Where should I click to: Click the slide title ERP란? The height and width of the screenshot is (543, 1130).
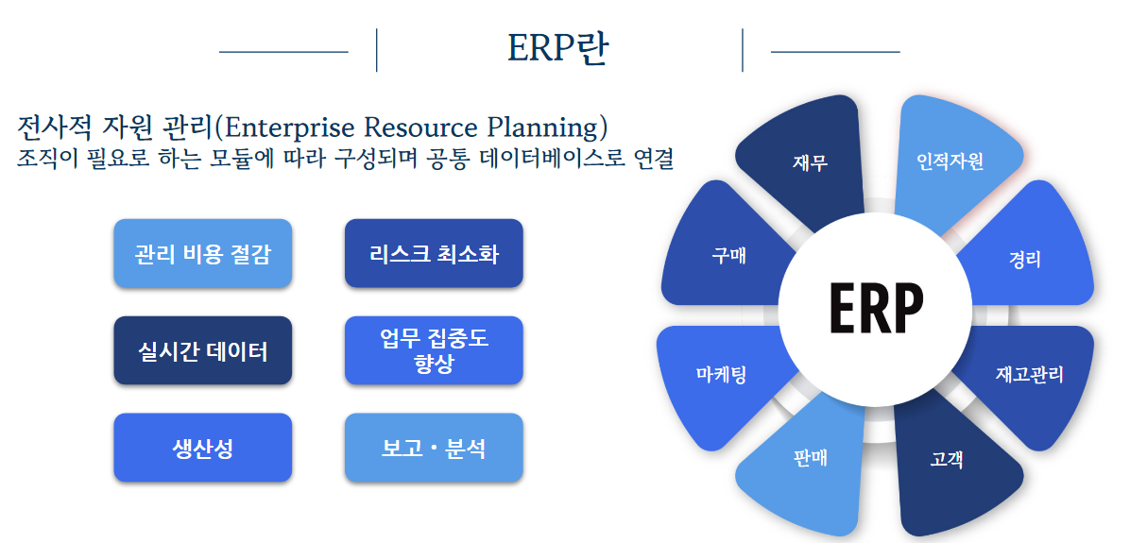(x=557, y=49)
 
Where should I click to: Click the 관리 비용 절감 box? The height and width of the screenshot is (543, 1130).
(x=202, y=253)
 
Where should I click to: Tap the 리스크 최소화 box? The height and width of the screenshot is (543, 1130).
(x=434, y=253)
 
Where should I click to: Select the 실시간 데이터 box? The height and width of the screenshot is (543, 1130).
(x=202, y=350)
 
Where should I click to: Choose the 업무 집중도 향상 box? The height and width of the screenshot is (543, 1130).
(x=434, y=350)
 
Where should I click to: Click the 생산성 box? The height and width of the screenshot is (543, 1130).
(x=202, y=448)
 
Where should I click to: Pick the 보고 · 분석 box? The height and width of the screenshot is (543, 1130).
(x=434, y=448)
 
